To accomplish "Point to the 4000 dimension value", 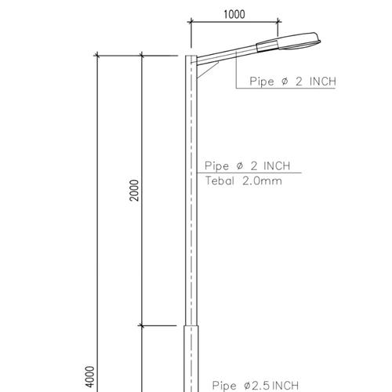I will click(90, 376).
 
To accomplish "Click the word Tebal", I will click(222, 180).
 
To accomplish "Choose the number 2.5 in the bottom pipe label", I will click(257, 385).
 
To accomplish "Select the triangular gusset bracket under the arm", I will click(206, 69).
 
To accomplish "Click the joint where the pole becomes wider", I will click(191, 325).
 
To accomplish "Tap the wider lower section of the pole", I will click(191, 361).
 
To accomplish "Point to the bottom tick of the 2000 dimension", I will click(141, 325).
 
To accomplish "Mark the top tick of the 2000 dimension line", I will click(141, 56).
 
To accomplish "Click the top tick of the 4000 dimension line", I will click(97, 56).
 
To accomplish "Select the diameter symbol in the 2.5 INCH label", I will click(246, 385).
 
